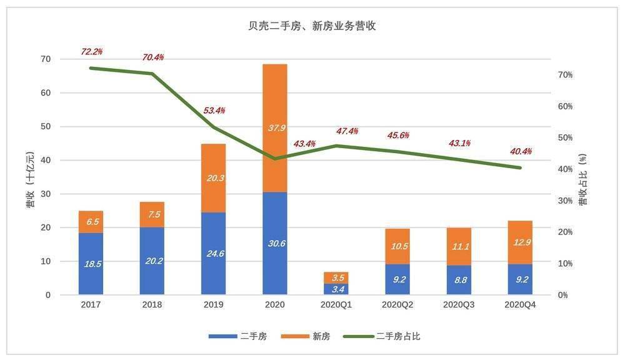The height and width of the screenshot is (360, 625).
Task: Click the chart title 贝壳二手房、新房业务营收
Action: coord(312,26)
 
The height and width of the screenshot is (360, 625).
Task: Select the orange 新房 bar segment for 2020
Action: coord(275,144)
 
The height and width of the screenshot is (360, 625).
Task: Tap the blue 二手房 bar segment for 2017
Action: coord(91,264)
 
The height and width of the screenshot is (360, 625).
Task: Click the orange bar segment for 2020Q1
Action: coord(336,277)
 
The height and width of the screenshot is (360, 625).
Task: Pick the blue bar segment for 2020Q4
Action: coord(520,279)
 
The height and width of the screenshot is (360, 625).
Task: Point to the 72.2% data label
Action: coord(92,51)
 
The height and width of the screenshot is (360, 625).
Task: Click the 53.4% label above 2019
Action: coord(214,111)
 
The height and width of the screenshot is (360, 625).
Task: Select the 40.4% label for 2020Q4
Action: coord(521,151)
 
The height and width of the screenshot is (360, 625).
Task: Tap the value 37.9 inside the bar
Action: coord(276,128)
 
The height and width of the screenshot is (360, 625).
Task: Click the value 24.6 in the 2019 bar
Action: coord(214,254)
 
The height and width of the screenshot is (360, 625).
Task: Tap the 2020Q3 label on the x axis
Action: coord(459,305)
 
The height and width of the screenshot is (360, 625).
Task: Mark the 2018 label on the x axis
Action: coord(152,305)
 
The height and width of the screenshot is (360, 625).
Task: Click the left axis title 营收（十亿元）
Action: coord(29,178)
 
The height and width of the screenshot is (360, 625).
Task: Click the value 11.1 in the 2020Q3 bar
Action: coord(459,246)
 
